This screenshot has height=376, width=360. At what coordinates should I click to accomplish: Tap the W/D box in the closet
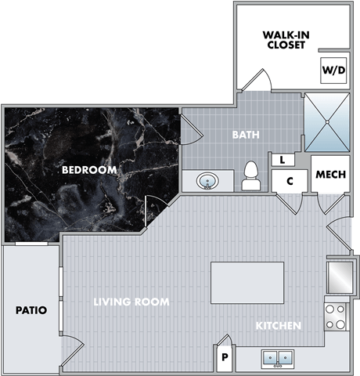pyautogui.click(x=332, y=69)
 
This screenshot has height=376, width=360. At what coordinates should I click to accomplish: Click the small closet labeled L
pyautogui.click(x=281, y=159)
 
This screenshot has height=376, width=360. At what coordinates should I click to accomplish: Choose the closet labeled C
pyautogui.click(x=290, y=181)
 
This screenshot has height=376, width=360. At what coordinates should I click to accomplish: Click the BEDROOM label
pyautogui.click(x=90, y=169)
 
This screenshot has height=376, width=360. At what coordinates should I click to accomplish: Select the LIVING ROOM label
pyautogui.click(x=131, y=302)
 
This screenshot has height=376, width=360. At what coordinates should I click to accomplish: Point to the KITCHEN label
pyautogui.click(x=279, y=325)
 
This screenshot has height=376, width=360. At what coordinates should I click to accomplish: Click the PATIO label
pyautogui.click(x=31, y=310)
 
